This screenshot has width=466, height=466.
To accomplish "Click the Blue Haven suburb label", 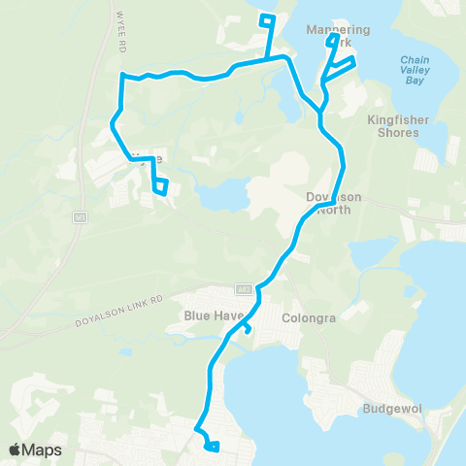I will (x=210, y=316).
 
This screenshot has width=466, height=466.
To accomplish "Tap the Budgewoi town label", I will (x=393, y=409).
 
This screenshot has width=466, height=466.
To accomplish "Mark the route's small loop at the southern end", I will (x=213, y=447).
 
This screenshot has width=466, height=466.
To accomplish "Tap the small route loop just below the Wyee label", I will (x=163, y=185).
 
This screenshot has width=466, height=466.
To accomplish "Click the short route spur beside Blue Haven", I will (x=248, y=329).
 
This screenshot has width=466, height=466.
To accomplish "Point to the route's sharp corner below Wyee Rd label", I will (x=121, y=75).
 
